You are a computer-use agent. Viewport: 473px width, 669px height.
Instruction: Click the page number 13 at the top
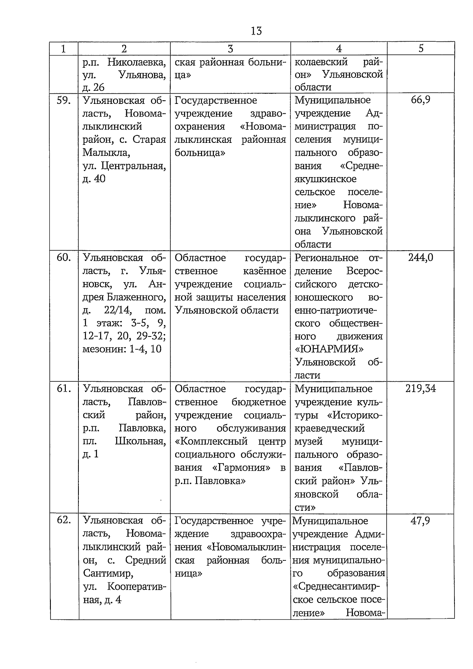256,31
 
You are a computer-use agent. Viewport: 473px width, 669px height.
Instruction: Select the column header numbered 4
339,48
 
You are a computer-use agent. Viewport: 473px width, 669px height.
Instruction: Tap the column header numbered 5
421,48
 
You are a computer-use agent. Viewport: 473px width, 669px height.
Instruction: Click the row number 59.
64,100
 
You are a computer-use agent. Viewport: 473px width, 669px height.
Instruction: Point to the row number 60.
64,258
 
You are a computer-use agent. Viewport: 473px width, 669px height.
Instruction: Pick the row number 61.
64,389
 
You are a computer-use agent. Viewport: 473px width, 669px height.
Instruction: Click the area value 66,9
421,100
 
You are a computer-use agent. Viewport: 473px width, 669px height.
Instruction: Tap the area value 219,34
421,389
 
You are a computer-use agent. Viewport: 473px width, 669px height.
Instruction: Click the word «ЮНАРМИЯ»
329,349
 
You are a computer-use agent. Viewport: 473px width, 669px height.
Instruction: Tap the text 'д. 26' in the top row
94,87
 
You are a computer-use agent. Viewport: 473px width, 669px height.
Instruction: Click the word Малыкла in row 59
104,153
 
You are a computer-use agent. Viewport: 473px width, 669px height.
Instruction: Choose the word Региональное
326,258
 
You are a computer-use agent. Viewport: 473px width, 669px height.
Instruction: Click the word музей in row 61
308,442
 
